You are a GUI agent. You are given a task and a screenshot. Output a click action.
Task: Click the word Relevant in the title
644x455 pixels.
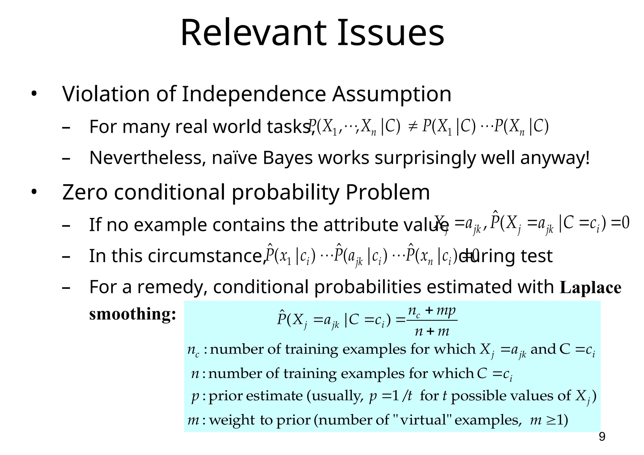click(x=253, y=33)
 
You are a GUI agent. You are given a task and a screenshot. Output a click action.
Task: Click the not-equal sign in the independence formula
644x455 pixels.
click(x=411, y=127)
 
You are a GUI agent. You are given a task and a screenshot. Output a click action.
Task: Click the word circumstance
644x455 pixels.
click(x=207, y=256)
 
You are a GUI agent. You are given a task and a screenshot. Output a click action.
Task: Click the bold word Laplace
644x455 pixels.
click(x=591, y=288)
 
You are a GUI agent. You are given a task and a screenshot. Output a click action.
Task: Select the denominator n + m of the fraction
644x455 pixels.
click(x=432, y=331)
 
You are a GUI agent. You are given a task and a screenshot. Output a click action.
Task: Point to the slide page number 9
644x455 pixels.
click(x=602, y=437)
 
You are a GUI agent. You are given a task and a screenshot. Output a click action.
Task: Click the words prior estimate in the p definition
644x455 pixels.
click(x=255, y=396)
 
